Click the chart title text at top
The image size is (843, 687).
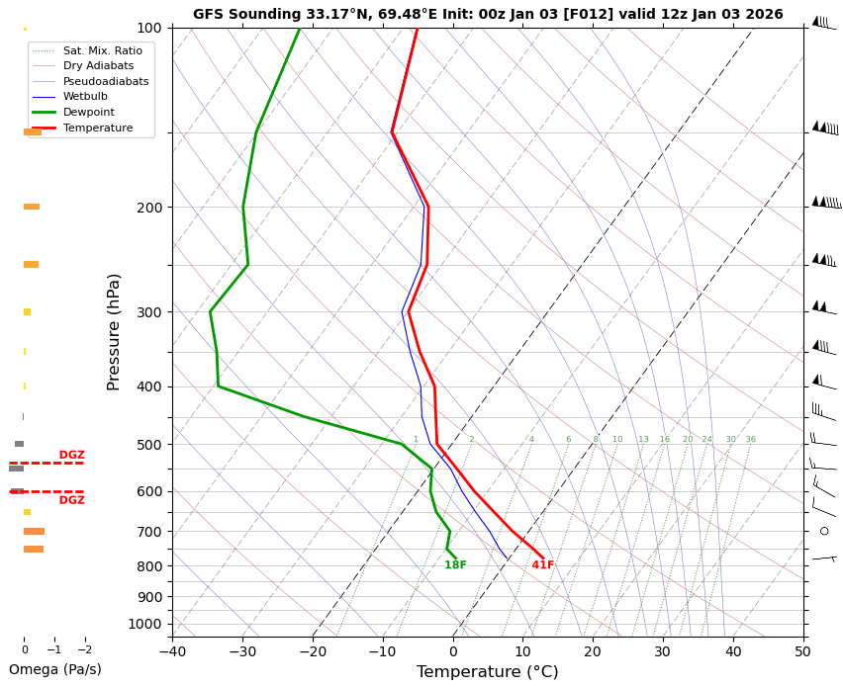(x=488, y=15)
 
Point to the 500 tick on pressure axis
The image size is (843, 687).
(x=149, y=445)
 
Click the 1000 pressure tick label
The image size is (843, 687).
(x=145, y=624)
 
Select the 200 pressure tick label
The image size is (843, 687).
(x=149, y=208)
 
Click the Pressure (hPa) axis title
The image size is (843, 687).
(x=114, y=331)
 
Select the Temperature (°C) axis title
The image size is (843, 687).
(x=487, y=672)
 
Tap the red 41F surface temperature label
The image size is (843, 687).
(x=542, y=565)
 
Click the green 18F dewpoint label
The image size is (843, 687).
(x=455, y=565)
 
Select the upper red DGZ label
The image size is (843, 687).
(x=71, y=456)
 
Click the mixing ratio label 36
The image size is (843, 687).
(x=750, y=440)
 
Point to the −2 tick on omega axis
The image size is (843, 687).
(x=85, y=649)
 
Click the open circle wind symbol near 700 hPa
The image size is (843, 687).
(x=824, y=531)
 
